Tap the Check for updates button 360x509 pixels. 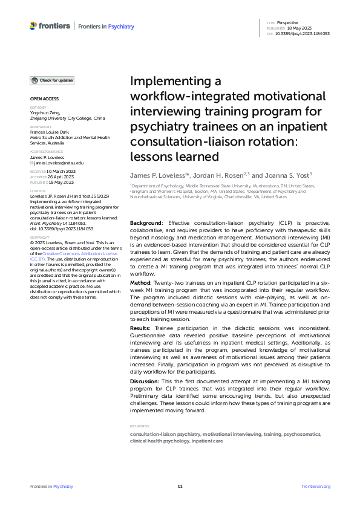point(53,80)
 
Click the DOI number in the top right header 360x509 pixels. point(303,34)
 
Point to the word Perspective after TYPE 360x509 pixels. point(287,22)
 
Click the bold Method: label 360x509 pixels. point(141,282)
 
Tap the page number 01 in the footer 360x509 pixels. point(180,486)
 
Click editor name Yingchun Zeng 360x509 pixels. point(47,113)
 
